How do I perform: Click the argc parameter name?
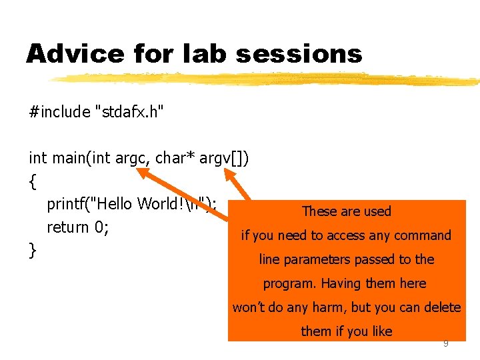[x=133, y=158]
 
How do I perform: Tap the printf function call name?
[x=69, y=203]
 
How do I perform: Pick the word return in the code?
[x=69, y=227]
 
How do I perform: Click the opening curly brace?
[x=33, y=181]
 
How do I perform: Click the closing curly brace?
[x=33, y=251]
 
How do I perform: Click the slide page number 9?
[x=446, y=343]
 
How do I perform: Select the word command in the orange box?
[x=422, y=235]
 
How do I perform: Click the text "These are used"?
[x=346, y=211]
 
